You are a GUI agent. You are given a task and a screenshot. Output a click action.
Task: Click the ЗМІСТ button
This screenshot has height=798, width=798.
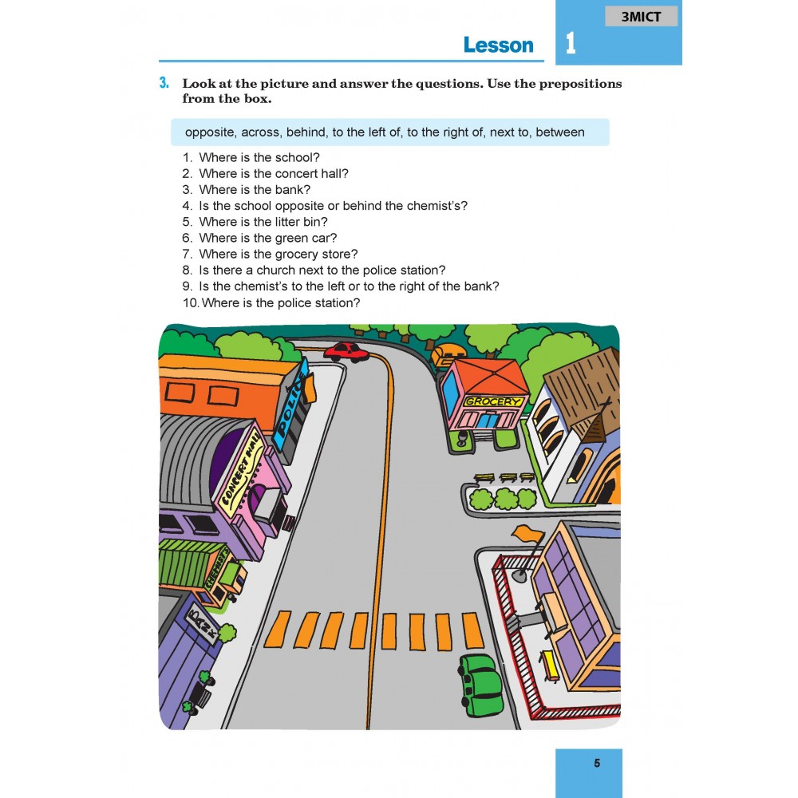[x=641, y=17]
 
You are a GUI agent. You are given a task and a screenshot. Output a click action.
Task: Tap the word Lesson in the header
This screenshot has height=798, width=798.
[x=498, y=45]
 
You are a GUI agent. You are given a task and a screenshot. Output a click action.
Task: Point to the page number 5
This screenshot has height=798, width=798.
[x=597, y=763]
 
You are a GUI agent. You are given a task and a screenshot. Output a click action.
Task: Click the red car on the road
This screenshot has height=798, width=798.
[x=346, y=352]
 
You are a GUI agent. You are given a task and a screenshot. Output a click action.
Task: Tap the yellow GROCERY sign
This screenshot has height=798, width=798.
[x=493, y=401]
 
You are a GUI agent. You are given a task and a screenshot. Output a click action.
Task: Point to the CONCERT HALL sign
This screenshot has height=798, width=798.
[x=243, y=472]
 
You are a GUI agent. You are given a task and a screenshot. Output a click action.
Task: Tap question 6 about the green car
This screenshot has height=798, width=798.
[x=259, y=238]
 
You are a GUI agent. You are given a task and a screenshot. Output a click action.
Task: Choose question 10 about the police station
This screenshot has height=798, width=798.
[x=271, y=302]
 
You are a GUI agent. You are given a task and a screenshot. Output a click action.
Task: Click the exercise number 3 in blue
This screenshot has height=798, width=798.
[x=164, y=83]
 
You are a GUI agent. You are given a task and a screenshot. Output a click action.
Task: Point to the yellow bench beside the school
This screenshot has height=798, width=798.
[x=550, y=666]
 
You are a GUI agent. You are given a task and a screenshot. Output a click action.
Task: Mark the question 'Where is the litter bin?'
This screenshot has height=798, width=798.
[x=255, y=222]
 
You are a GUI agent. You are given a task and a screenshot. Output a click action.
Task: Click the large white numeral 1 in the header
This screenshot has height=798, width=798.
[x=571, y=43]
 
